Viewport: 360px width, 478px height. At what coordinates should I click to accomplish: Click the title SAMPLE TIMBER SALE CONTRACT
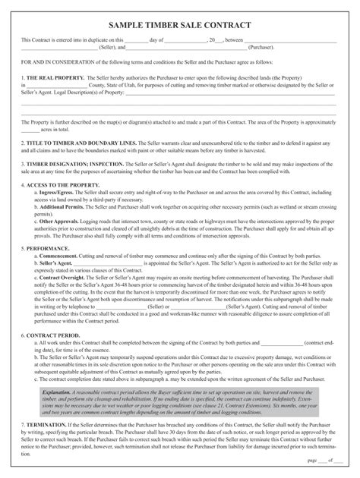point(179,24)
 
